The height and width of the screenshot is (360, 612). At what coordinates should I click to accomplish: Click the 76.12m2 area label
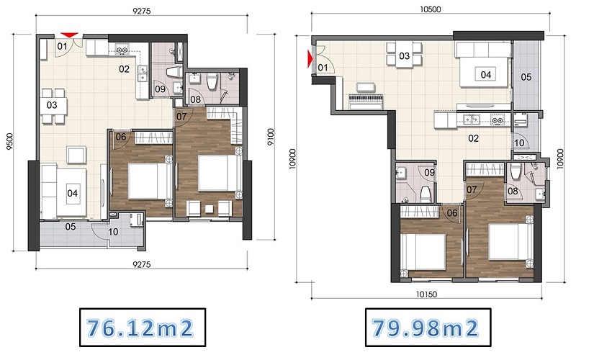[140, 328]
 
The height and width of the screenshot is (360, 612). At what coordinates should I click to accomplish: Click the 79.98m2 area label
[425, 328]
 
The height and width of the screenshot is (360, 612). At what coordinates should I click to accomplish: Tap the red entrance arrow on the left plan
[69, 35]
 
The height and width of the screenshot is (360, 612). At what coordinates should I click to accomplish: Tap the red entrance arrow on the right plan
[311, 59]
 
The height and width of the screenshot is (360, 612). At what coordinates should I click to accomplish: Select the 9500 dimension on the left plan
[10, 142]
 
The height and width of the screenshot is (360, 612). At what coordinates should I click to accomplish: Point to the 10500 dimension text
[430, 9]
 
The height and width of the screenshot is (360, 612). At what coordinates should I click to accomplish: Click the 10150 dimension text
[426, 294]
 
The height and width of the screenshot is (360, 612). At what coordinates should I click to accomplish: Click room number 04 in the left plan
[72, 193]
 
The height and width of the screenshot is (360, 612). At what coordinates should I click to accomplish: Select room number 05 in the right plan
[526, 77]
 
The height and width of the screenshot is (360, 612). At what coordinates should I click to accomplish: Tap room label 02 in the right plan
[474, 138]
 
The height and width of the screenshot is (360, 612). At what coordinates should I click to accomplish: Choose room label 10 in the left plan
[113, 232]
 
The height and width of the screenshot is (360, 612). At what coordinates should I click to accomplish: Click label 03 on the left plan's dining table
[52, 105]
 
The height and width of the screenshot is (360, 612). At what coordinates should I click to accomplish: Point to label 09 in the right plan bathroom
[429, 172]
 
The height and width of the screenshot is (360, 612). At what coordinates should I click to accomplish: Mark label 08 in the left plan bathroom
[195, 99]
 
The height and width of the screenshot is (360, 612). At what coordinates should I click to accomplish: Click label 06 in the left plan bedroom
[121, 137]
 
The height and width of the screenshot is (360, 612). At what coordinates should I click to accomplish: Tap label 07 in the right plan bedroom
[472, 190]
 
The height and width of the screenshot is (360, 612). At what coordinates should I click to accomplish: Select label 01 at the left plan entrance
[62, 47]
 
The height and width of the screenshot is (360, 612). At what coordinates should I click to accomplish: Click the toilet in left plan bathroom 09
[173, 73]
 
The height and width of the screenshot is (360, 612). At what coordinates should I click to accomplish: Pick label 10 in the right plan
[519, 143]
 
